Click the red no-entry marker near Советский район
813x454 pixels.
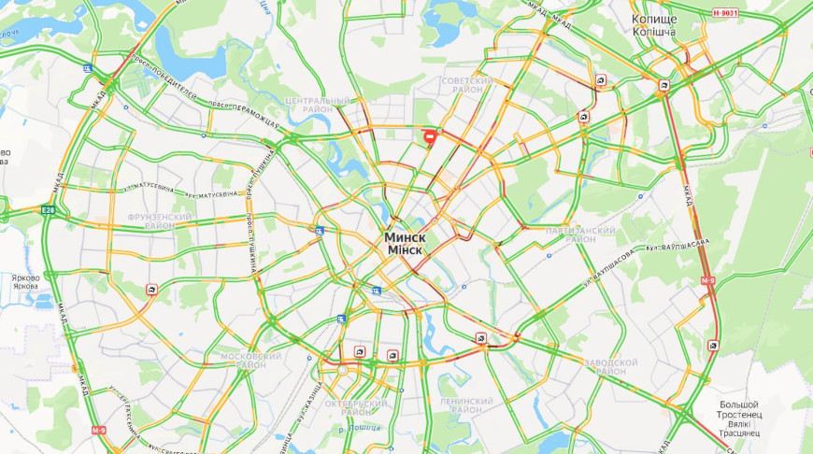[x=430, y=137]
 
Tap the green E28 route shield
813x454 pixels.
[x=49, y=210]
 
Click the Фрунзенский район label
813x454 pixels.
[x=160, y=220]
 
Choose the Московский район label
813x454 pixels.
[x=251, y=360]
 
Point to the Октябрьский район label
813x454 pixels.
[x=364, y=407]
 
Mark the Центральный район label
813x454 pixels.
[x=319, y=105]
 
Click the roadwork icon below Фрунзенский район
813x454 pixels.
[x=151, y=291]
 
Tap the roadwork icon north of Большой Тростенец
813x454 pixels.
[x=713, y=345]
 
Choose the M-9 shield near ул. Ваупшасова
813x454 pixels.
[x=707, y=280]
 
